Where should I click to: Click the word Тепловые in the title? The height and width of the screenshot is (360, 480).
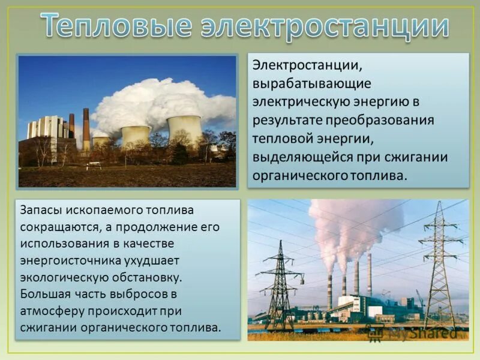(117, 27)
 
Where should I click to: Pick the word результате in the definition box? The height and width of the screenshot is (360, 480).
(280, 119)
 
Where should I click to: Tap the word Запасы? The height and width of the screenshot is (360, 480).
(40, 211)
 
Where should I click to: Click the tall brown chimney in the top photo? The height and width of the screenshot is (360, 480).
(86, 128)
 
